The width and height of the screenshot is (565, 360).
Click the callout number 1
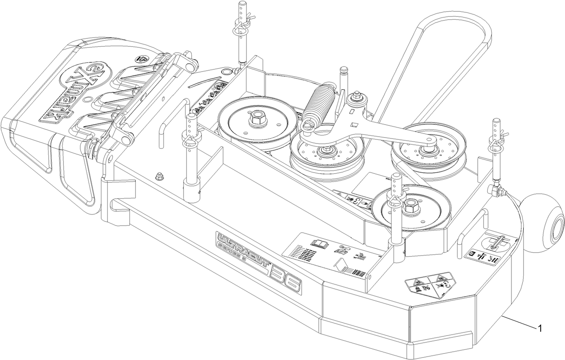point(540,329)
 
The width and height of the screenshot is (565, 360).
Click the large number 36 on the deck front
point(284,280)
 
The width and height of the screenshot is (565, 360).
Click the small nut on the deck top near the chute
point(158,176)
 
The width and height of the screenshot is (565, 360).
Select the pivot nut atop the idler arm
point(358,96)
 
